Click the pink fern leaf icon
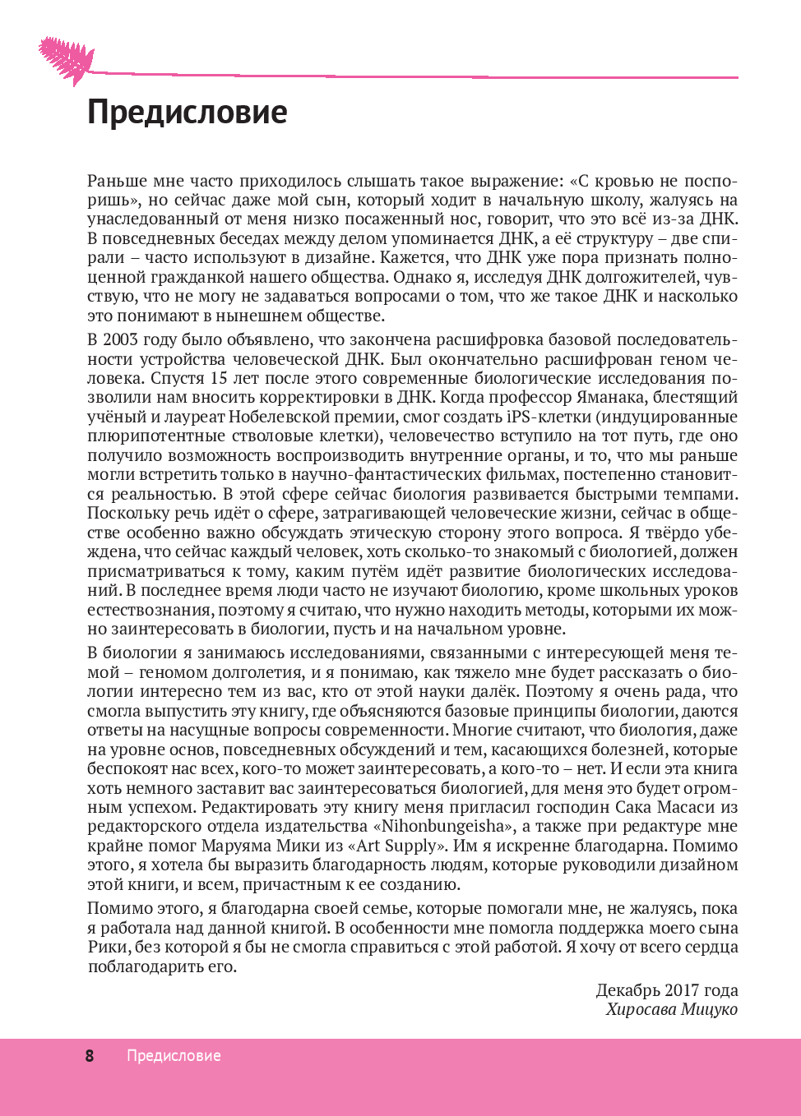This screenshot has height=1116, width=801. [x=67, y=60]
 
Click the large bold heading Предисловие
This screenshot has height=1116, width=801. [x=188, y=113]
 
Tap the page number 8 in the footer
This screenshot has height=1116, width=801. [x=90, y=1056]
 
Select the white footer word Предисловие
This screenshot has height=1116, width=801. [x=174, y=1056]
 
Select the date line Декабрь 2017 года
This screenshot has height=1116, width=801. [x=667, y=990]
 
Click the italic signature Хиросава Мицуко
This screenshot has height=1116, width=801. [x=672, y=1010]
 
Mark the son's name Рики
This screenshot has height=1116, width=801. [x=108, y=948]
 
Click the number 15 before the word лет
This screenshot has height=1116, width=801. [x=220, y=379]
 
